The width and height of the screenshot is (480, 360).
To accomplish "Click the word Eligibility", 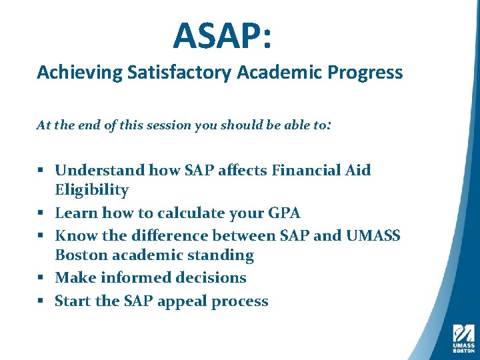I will [x=92, y=191].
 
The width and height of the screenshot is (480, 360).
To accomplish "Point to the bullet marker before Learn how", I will [x=41, y=214].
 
